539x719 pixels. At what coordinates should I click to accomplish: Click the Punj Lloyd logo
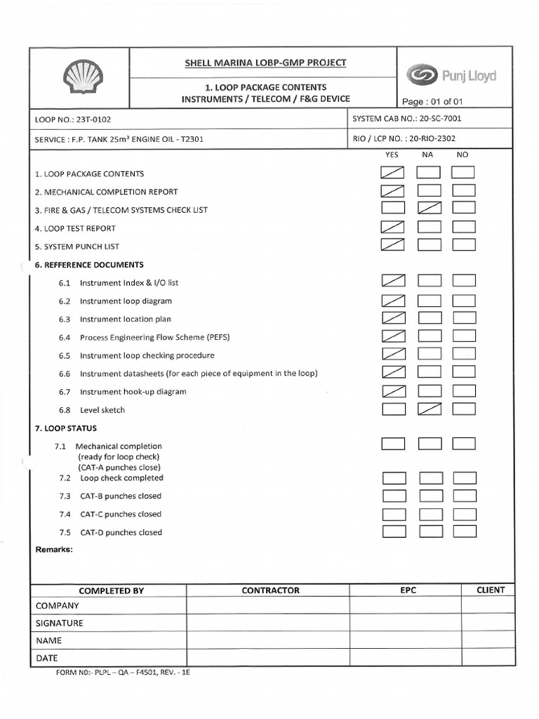pos(451,74)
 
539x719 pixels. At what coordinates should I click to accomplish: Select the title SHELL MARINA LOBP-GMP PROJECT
pos(265,62)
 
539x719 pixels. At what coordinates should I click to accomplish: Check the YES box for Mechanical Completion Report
pos(393,190)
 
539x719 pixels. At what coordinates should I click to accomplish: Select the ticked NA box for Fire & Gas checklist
pos(428,208)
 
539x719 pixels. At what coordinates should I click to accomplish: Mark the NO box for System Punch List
pos(464,244)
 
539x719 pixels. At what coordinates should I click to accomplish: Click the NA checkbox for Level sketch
pos(429,409)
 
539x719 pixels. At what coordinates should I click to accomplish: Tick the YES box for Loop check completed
pos(394,478)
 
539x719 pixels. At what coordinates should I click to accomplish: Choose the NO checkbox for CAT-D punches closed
pos(465,532)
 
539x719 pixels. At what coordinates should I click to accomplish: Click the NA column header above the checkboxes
pos(427,154)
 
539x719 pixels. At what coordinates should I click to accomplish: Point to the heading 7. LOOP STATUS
pos(66,428)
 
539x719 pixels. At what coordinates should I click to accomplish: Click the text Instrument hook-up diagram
pos(133,391)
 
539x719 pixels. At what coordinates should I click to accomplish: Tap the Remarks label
pos(54,549)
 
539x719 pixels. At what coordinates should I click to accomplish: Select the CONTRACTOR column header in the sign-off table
pos(270,591)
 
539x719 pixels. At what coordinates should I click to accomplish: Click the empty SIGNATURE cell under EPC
pos(406,623)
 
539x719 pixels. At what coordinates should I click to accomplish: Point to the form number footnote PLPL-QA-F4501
pos(124,672)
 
